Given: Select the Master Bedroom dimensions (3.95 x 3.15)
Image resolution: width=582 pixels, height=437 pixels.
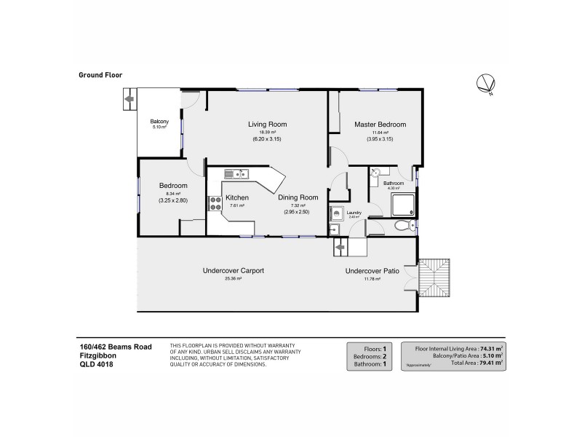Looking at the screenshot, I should pos(380,139).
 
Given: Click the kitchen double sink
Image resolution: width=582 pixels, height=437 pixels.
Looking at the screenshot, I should pos(237,174).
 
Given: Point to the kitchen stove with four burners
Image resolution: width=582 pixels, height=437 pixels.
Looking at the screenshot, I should pos(216,204).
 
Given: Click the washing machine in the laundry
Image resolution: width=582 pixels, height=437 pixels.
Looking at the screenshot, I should pos(337,213).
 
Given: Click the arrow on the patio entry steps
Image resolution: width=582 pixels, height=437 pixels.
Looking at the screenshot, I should pos(339,248).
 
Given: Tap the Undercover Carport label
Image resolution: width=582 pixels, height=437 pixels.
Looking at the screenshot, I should pos(233,271).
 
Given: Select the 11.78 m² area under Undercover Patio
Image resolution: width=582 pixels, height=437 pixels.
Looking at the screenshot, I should pos(372,278).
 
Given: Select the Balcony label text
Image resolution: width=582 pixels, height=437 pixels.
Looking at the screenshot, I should pos(159,121).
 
